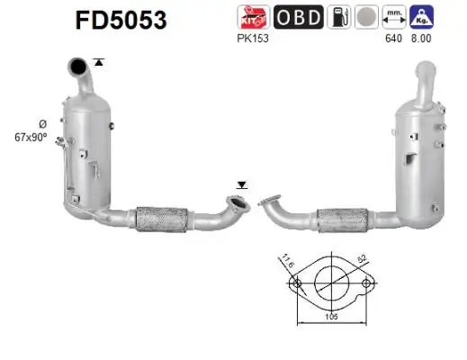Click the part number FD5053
pyautogui.click(x=115, y=20)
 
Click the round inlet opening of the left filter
pyautogui.click(x=79, y=65)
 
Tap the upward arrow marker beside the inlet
pyautogui.click(x=98, y=61)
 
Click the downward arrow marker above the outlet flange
pyautogui.click(x=240, y=184)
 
